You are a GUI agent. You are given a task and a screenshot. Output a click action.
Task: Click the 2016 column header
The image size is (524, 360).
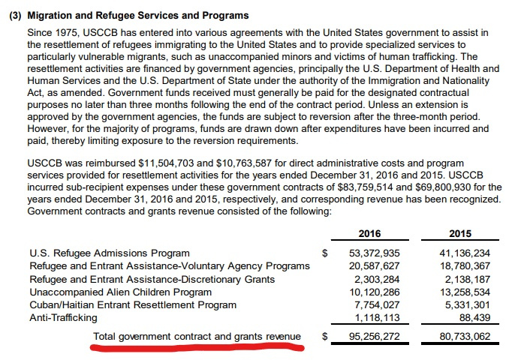tap(370, 232)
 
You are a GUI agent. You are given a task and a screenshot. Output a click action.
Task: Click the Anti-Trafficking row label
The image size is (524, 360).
tap(63, 318)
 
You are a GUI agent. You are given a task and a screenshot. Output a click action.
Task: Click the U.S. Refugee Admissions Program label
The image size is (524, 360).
tap(109, 253)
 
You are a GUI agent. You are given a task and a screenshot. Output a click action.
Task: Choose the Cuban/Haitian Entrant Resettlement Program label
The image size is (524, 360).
tap(133, 304)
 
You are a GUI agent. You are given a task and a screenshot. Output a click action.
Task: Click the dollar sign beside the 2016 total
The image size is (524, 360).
tap(324, 337)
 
